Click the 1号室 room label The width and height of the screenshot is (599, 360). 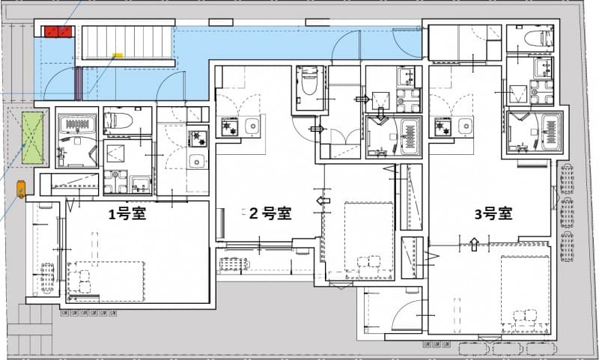[x=127, y=214]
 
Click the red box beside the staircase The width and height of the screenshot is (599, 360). [x=58, y=31]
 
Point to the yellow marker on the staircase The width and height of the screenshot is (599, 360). [x=118, y=55]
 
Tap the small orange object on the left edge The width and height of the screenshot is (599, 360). [x=21, y=189]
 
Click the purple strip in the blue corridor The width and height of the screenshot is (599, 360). [x=78, y=82]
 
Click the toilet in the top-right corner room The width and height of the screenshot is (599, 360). [x=537, y=38]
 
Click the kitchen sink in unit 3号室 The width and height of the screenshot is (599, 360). [x=465, y=126]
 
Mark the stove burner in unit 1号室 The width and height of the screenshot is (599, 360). [x=198, y=138]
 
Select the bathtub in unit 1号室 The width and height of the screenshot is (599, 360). [x=77, y=123]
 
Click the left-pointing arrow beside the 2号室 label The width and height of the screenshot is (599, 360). [x=323, y=201]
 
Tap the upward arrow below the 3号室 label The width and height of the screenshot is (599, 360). [x=473, y=242]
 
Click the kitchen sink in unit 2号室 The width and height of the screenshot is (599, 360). [x=252, y=126]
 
